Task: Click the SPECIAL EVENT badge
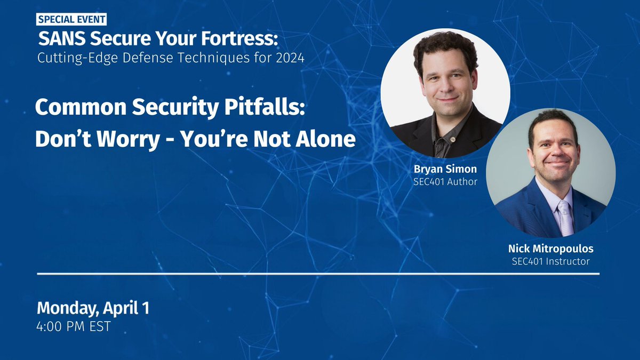pos(72,20)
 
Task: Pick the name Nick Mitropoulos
pos(551,249)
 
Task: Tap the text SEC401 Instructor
pos(551,261)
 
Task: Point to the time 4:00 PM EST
pos(74,326)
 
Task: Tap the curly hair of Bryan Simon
pos(446,45)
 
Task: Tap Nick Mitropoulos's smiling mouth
pos(556,162)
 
